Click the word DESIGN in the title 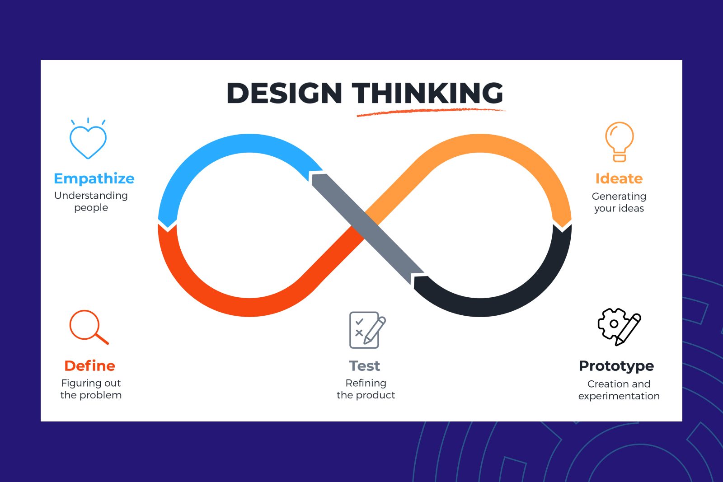click(284, 93)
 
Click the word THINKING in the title click(427, 93)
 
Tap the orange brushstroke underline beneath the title click(431, 112)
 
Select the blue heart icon click(88, 138)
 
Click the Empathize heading click(94, 178)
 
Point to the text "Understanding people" click(91, 201)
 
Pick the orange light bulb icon click(620, 142)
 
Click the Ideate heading click(619, 178)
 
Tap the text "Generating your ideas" click(619, 202)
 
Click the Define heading click(90, 366)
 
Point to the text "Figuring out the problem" click(91, 389)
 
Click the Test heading click(365, 366)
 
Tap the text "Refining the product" click(366, 389)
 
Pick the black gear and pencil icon click(619, 327)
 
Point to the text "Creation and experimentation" click(619, 390)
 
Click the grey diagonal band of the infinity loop click(367, 229)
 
